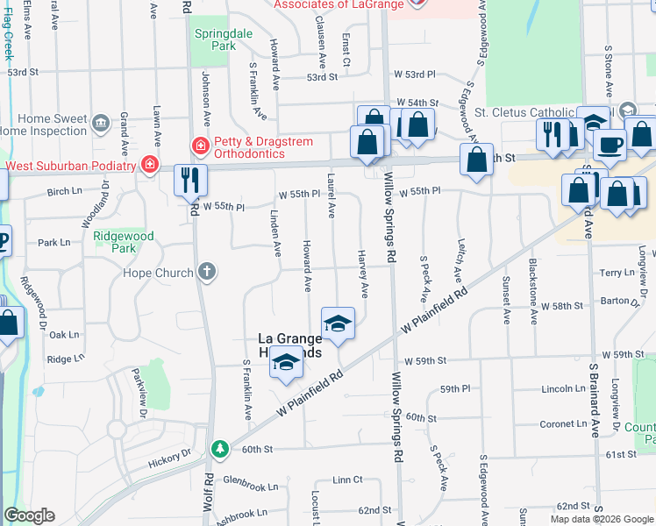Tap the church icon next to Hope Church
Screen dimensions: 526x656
click(x=207, y=272)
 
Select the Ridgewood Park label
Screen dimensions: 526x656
click(x=124, y=242)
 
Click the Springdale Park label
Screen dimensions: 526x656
click(x=216, y=39)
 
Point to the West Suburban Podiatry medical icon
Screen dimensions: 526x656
click(x=151, y=165)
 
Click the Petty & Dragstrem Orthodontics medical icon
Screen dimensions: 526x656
click(x=200, y=145)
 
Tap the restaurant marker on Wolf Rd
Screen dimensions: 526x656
click(x=190, y=181)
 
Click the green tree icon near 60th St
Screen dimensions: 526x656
click(x=219, y=450)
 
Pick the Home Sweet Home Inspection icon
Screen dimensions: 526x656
click(x=100, y=119)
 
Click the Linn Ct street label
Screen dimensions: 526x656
click(x=347, y=480)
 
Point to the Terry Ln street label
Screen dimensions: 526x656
click(x=617, y=273)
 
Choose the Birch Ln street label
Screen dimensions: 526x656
click(x=64, y=191)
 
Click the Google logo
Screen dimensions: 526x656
click(x=30, y=515)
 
